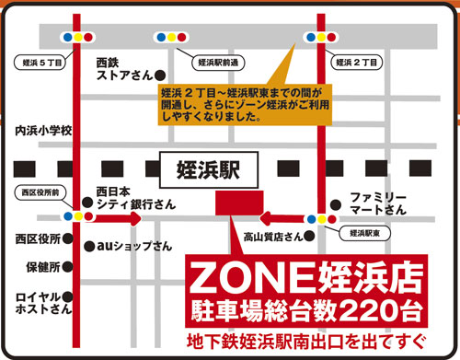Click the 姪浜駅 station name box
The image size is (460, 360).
[x=204, y=169]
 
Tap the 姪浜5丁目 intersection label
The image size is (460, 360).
[x=38, y=63]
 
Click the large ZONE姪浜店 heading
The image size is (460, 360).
[x=304, y=275]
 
